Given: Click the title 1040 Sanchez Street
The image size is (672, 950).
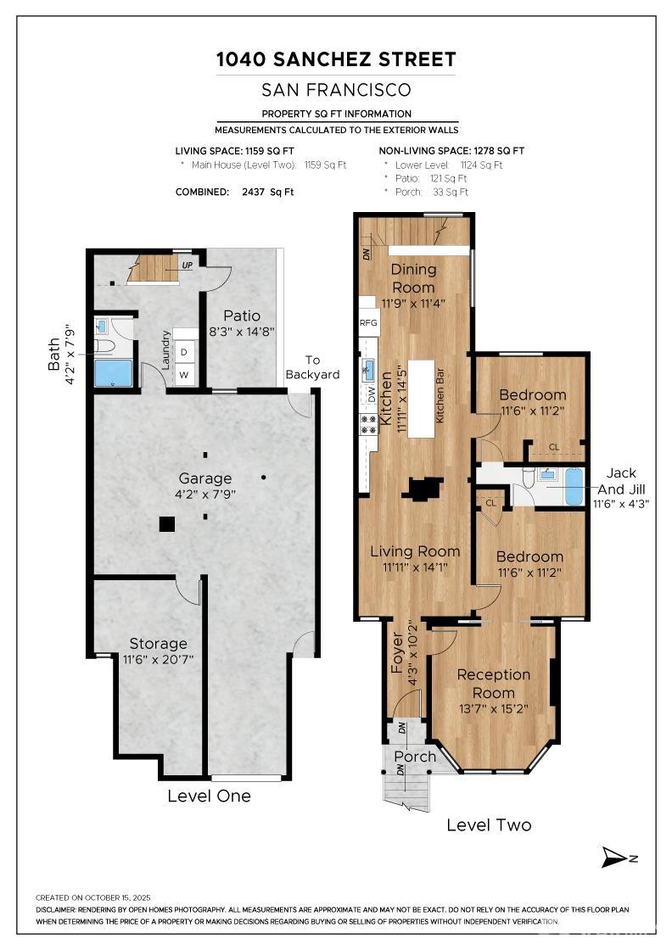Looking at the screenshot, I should tap(336, 59).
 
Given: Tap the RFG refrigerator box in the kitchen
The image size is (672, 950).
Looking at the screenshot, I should tap(368, 322).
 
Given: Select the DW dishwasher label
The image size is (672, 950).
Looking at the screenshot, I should tap(371, 394).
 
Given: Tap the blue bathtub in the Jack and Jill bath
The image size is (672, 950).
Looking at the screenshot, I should tap(574, 487).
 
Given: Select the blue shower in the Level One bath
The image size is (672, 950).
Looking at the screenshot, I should tap(113, 373).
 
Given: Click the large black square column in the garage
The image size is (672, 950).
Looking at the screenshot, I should tap(167, 523).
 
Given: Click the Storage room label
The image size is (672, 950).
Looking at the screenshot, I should tap(158, 643).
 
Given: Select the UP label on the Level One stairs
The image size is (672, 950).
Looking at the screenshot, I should tap(186, 265).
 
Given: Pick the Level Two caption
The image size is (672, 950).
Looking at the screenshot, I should tap(489, 824).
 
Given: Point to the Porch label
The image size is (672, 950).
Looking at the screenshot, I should tap(415, 756).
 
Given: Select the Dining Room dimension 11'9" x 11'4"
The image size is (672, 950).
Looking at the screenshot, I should tap(413, 303).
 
